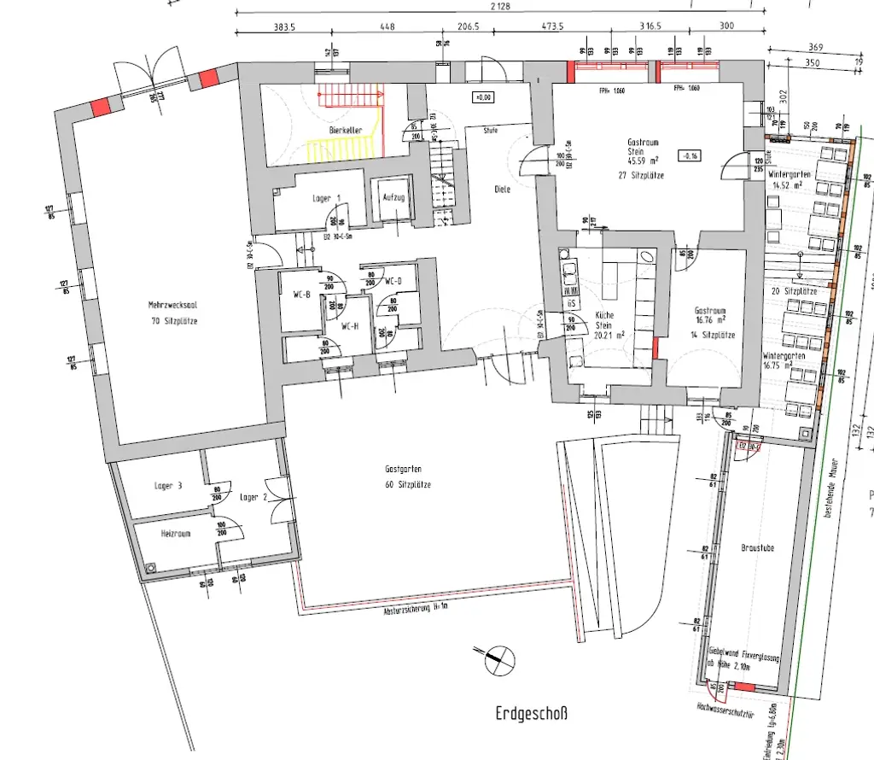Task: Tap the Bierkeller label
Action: click(x=346, y=130)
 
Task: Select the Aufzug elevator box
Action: click(x=393, y=197)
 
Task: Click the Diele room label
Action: click(x=502, y=190)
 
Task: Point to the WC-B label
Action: click(x=302, y=295)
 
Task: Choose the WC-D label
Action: click(x=393, y=281)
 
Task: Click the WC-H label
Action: click(x=350, y=325)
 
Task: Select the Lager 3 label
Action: click(x=168, y=486)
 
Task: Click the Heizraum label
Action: click(x=175, y=533)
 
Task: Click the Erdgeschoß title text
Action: click(x=531, y=713)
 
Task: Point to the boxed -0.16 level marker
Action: click(x=689, y=155)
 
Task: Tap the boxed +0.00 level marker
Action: click(x=484, y=97)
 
